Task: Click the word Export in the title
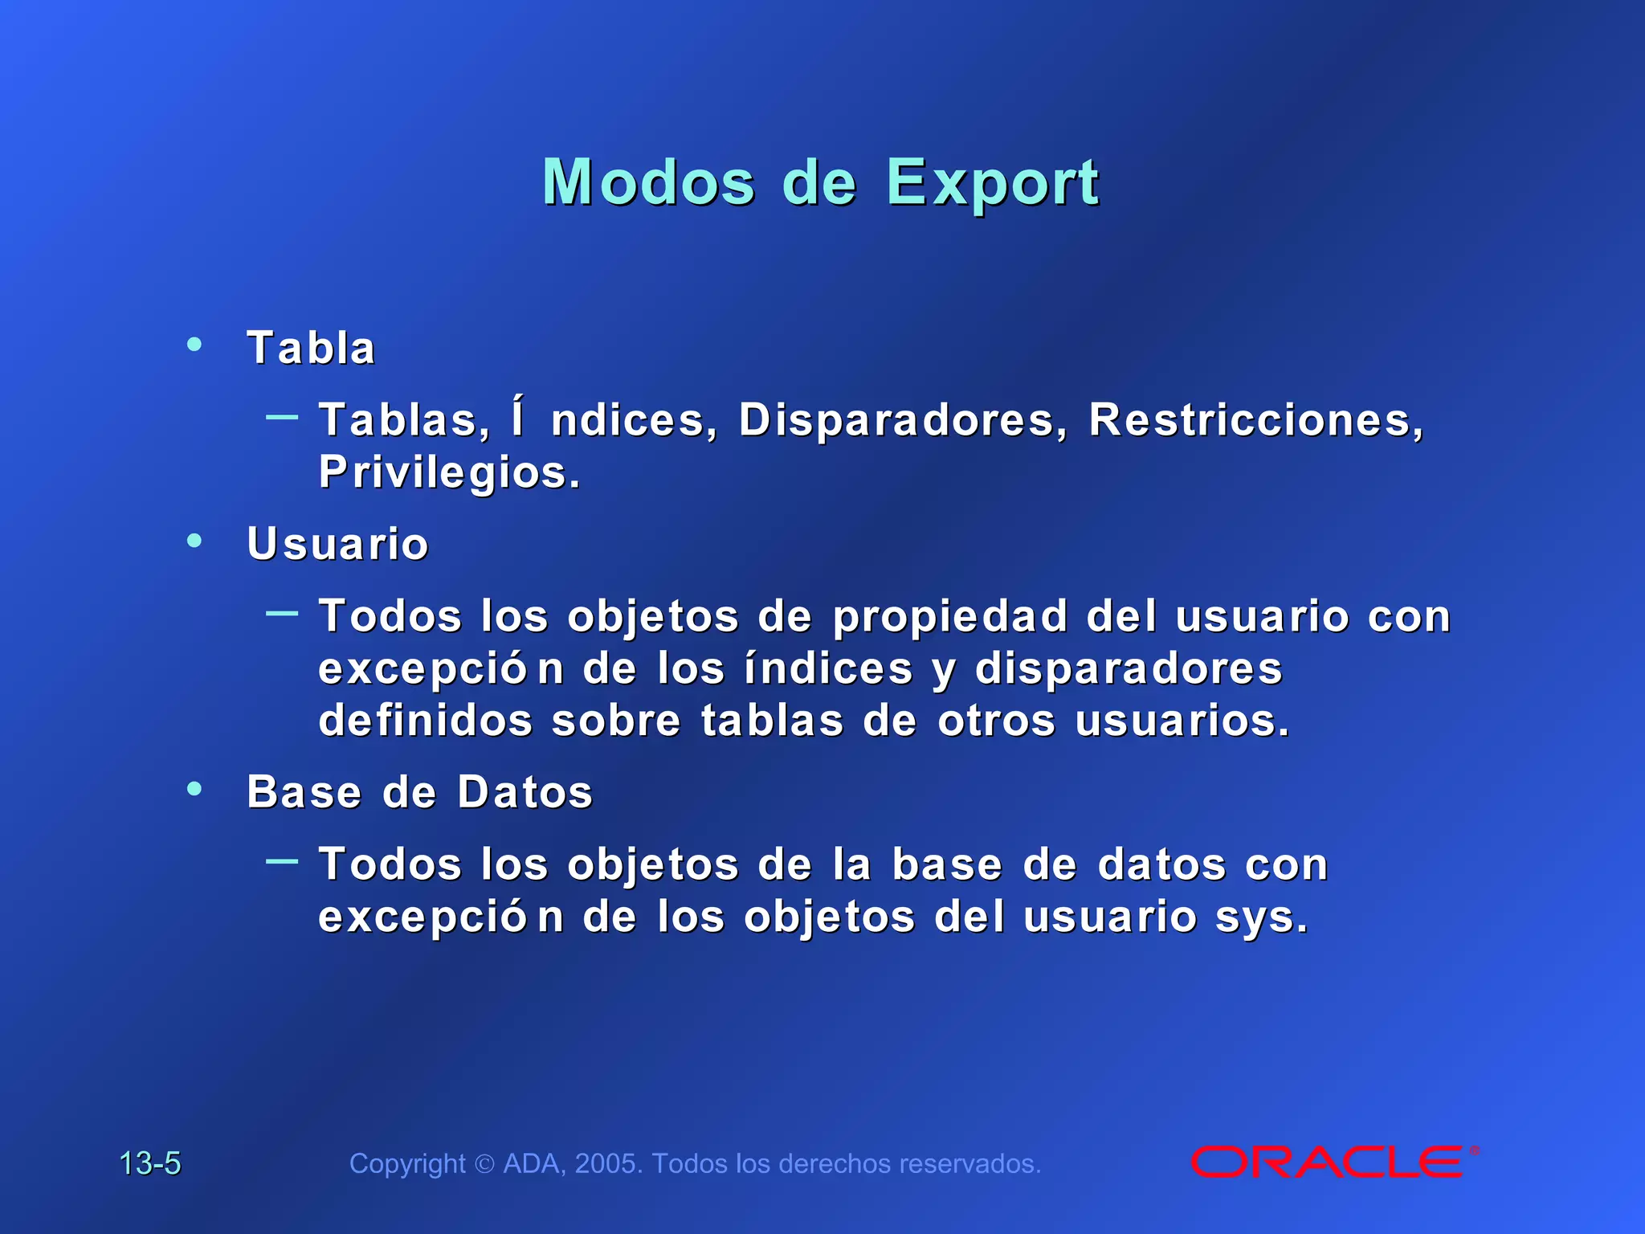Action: pos(992,183)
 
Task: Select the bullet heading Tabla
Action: pos(311,348)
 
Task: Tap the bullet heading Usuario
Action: pos(337,544)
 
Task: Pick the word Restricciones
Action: pos(1255,419)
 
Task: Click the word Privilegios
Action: pos(448,472)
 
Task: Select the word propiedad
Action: pos(950,616)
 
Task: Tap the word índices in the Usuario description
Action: pos(828,668)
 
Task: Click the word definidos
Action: pos(426,720)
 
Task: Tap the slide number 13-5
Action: pos(150,1163)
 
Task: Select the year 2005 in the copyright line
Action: pos(608,1163)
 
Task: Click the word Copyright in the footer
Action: pos(407,1163)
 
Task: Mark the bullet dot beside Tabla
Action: pos(194,345)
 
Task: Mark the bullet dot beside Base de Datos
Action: pos(194,789)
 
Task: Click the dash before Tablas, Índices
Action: pos(282,416)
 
